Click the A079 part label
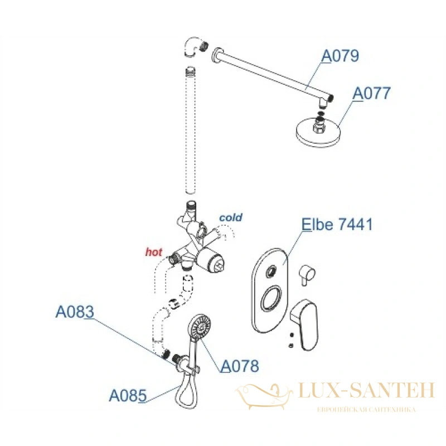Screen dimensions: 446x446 coord(340,56)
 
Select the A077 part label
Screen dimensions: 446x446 coord(371,93)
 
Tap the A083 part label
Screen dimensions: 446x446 coord(75,312)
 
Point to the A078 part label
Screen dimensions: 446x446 coord(240,366)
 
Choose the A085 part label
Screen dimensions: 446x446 coord(128,395)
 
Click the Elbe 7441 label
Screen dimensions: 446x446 coord(337,224)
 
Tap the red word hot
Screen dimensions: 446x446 coord(154,252)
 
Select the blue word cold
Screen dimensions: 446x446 coord(231,217)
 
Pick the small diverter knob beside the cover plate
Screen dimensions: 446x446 coord(307,275)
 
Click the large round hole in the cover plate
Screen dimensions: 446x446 coord(271,298)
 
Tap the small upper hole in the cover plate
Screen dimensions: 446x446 coord(271,271)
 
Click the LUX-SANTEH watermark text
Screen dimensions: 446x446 coord(366,390)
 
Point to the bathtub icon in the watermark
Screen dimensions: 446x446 coord(264,396)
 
